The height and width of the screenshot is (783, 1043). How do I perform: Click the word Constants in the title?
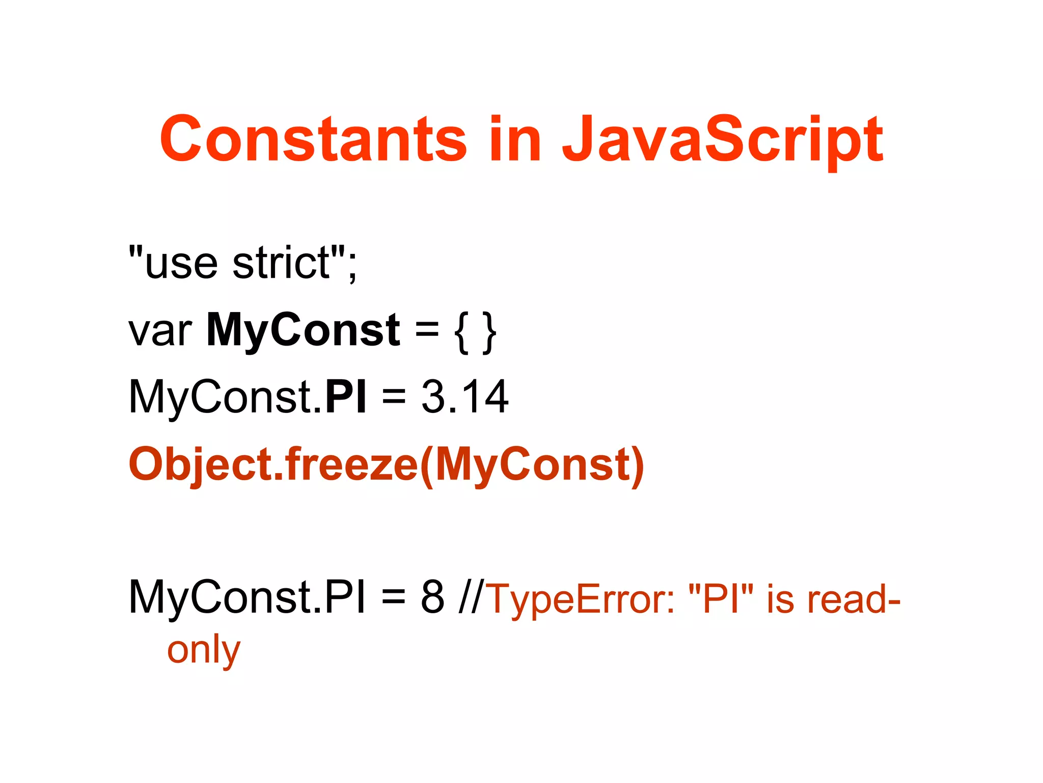(x=313, y=139)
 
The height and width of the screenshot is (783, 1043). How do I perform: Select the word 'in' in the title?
(x=514, y=139)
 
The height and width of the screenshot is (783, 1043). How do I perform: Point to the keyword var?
(x=160, y=331)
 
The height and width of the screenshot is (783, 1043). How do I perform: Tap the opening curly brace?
(x=462, y=332)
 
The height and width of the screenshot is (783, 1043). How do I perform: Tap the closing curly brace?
(x=489, y=332)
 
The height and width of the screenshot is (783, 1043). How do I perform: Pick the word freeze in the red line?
(x=351, y=464)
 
